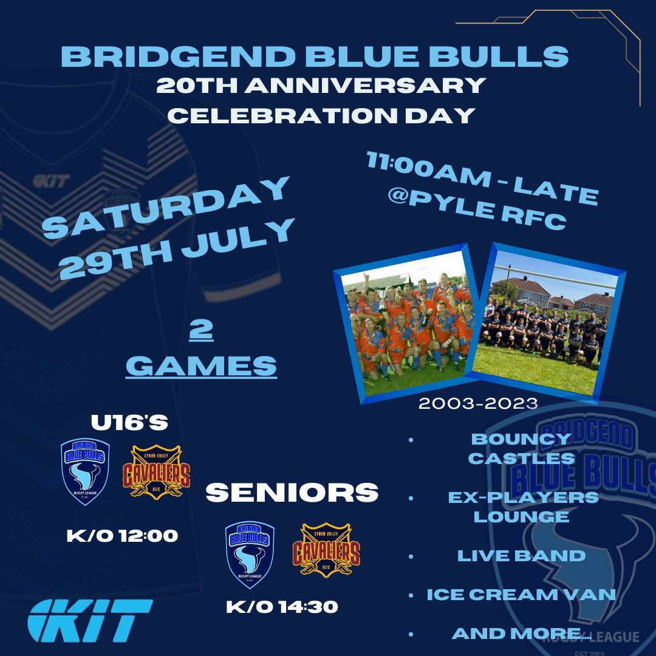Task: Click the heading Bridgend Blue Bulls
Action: (315, 56)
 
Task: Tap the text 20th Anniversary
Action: (321, 86)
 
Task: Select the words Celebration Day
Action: (321, 115)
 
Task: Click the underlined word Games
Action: (201, 366)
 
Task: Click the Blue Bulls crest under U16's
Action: (85, 471)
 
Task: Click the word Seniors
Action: (292, 493)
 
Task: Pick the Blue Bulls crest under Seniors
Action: (250, 554)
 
